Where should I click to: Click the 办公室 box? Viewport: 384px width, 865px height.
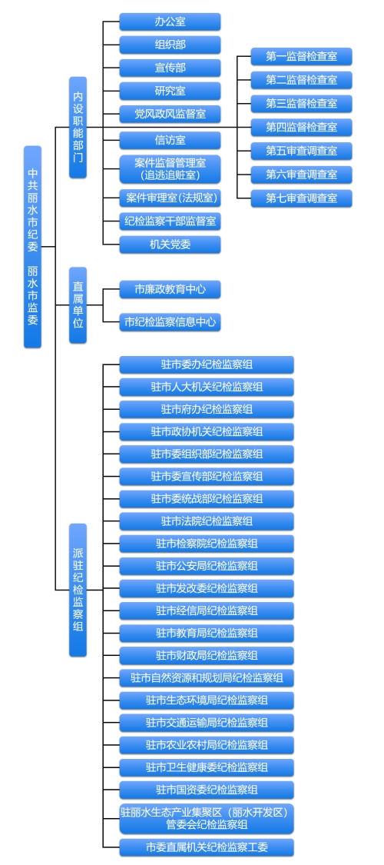pos(170,22)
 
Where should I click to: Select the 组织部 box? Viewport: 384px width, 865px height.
pos(170,45)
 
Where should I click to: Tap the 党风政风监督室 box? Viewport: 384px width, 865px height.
pos(170,115)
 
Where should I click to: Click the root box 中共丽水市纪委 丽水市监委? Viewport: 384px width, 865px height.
pos(32,247)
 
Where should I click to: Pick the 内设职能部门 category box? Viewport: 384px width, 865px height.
pos(78,128)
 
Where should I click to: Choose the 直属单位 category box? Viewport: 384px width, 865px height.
pos(78,305)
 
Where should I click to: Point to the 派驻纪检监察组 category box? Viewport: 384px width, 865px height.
pos(78,590)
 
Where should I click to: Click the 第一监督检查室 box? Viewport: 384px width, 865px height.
pos(301,56)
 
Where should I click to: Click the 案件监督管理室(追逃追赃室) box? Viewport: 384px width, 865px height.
pos(170,169)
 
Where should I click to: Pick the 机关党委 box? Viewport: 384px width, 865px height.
pos(170,245)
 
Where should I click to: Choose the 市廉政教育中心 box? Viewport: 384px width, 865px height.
pos(170,289)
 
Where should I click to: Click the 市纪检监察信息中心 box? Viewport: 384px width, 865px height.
pos(170,322)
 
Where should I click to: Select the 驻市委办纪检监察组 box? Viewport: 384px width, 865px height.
pos(207,364)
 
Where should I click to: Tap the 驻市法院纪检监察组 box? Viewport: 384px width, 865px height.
pos(207,521)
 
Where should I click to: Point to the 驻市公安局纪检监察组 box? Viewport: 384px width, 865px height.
pos(207,566)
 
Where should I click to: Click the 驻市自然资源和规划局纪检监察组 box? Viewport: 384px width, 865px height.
pos(207,678)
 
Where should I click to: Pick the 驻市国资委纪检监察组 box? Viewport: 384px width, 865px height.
pos(207,790)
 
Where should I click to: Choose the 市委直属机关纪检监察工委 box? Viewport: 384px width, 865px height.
pos(207,847)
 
